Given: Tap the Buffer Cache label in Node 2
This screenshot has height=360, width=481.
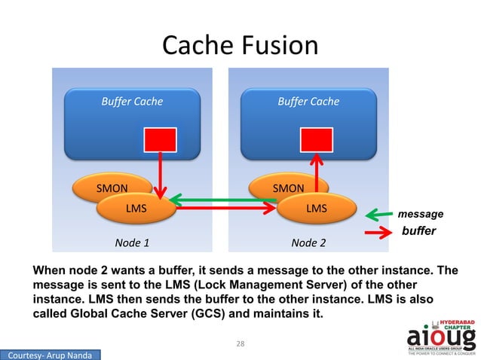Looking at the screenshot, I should point(308,101).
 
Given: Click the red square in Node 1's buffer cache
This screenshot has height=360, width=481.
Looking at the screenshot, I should point(160,140).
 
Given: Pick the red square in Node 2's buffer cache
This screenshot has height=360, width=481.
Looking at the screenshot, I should point(317,140).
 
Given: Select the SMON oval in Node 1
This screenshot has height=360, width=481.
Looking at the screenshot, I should point(105,187).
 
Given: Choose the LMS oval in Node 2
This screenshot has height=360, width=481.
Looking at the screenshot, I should point(316,208).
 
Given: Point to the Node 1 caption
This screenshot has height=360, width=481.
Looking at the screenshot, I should point(132,243).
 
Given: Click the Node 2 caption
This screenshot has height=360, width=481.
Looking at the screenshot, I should point(308,243).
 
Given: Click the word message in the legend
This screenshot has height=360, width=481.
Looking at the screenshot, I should point(421,215).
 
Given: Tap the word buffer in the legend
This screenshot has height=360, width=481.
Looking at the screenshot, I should point(418,231).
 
